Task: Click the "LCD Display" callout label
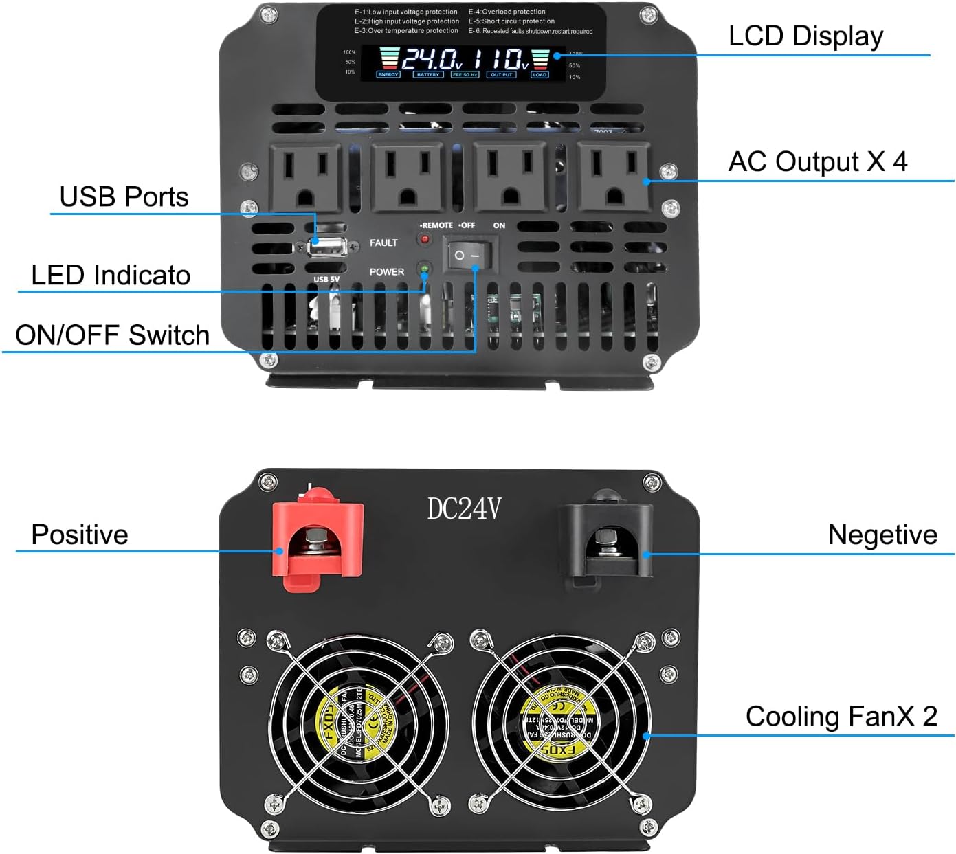tap(805, 36)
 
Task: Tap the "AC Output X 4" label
tap(817, 162)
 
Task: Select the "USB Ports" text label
tap(124, 197)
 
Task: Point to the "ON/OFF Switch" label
tap(112, 335)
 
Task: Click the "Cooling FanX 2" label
tap(841, 717)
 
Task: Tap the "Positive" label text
tap(80, 535)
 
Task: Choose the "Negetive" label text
tap(882, 535)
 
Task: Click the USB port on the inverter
tap(326, 247)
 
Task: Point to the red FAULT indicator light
tap(425, 239)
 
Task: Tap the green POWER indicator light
tap(425, 269)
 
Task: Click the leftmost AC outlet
tap(304, 177)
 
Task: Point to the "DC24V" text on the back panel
tap(464, 509)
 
